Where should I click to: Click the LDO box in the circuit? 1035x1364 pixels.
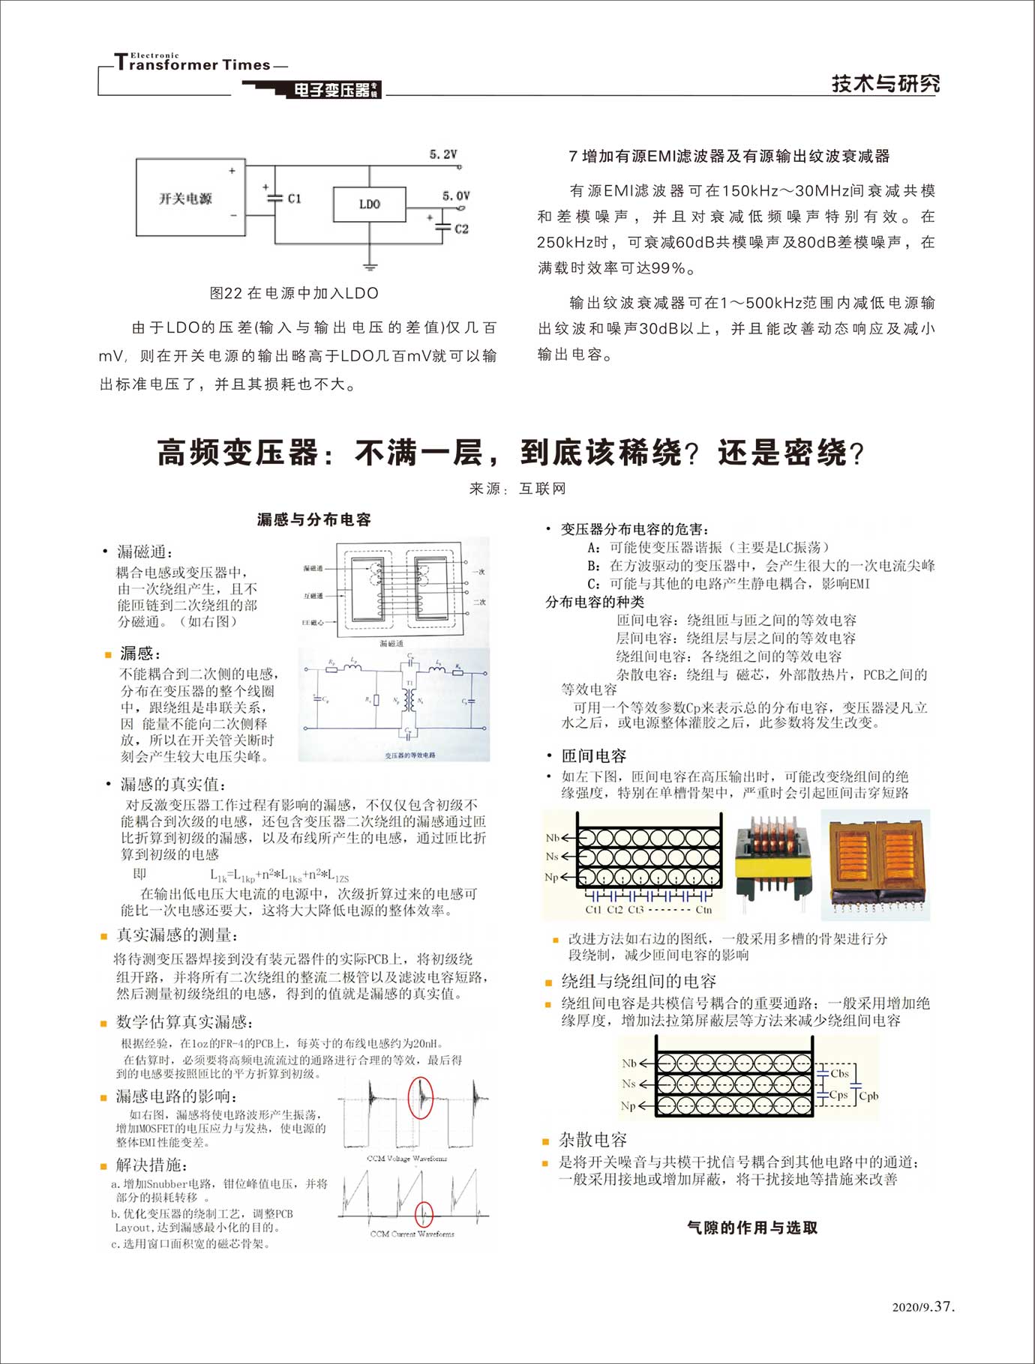click(369, 204)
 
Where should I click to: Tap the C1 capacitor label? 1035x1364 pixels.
click(294, 199)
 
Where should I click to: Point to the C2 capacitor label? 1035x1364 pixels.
click(460, 229)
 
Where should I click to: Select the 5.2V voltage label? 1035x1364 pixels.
click(443, 154)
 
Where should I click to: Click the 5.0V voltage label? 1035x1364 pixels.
click(456, 196)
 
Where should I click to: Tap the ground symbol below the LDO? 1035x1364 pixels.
click(369, 264)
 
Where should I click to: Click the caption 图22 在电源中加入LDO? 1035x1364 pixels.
click(294, 293)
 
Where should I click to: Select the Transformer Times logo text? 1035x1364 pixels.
click(193, 64)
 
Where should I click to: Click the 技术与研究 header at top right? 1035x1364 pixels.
click(885, 83)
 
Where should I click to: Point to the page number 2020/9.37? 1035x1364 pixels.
click(923, 1306)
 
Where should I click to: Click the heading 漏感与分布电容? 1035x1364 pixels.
click(313, 519)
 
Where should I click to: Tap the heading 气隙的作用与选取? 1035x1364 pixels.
click(752, 1228)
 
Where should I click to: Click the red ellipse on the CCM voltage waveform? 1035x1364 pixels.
click(420, 1098)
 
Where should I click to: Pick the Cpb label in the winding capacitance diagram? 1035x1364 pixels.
click(868, 1096)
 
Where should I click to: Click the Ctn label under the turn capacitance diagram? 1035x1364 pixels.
click(703, 910)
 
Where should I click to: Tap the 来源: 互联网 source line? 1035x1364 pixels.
click(517, 489)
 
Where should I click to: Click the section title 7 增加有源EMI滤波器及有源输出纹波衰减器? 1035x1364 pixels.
click(729, 156)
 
